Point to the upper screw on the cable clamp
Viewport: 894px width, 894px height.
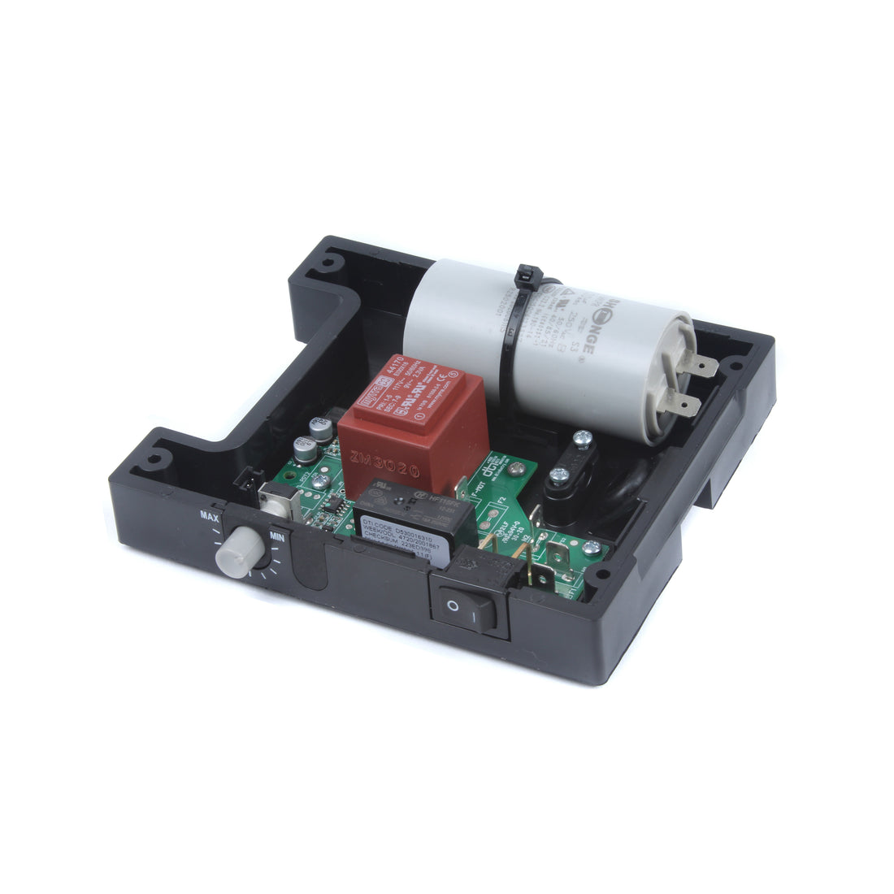pyautogui.click(x=582, y=440)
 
